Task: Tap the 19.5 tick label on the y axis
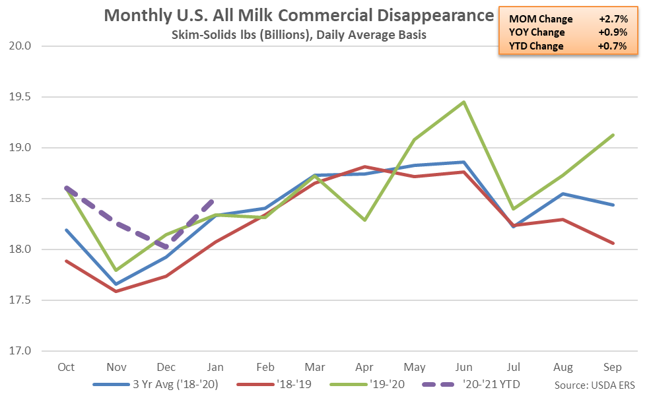tap(22, 97)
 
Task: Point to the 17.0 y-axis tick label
tap(22, 351)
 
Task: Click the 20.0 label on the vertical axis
tap(22, 46)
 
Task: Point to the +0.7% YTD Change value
tap(611, 46)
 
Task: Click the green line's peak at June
tap(463, 102)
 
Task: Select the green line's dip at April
tap(364, 220)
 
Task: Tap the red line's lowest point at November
tap(116, 291)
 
